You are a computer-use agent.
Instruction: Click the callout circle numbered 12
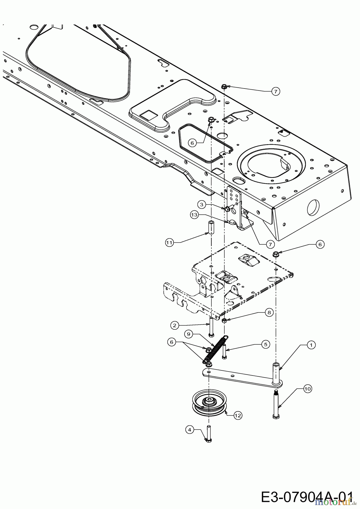(x=238, y=415)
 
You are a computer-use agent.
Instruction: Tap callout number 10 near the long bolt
(x=307, y=389)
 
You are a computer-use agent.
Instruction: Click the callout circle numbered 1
(x=311, y=345)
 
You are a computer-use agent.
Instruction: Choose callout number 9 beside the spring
(x=189, y=334)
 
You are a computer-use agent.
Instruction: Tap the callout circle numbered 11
(x=169, y=243)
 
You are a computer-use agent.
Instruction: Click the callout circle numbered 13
(x=194, y=215)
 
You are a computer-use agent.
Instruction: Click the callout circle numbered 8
(x=269, y=312)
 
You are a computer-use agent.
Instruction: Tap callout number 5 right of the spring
(x=265, y=344)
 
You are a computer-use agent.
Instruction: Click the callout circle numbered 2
(x=175, y=325)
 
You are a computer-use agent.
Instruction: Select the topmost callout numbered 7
(x=275, y=91)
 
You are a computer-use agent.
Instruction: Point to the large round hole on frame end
(x=313, y=206)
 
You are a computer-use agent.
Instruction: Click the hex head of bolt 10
(x=276, y=417)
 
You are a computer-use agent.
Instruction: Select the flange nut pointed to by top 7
(x=224, y=87)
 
